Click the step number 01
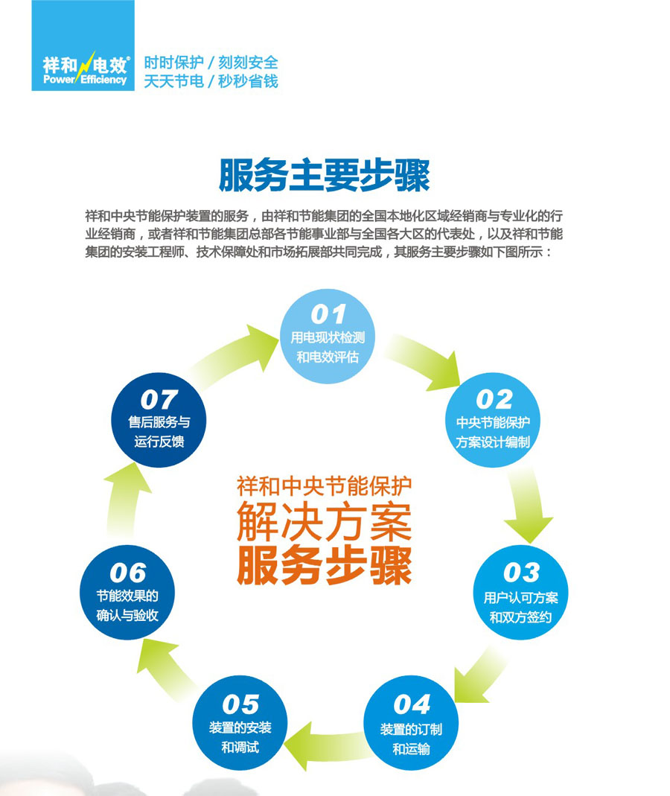tap(328, 313)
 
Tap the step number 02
tap(494, 399)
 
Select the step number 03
tap(520, 573)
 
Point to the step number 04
tap(412, 704)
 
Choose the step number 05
tap(240, 704)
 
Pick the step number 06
tap(127, 573)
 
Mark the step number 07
tap(159, 399)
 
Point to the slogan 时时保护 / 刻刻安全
tap(211, 63)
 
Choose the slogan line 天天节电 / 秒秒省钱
tap(211, 81)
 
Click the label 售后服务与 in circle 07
tap(159, 422)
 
